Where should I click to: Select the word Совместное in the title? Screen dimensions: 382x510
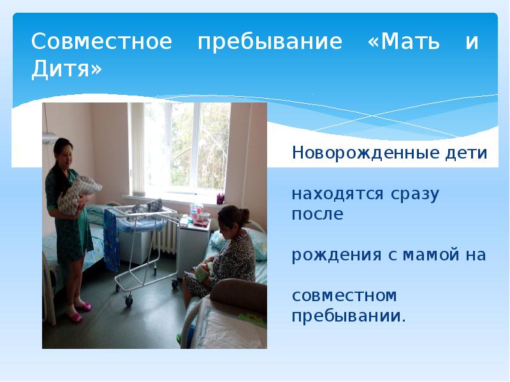102,43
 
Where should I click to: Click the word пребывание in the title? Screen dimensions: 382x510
270,43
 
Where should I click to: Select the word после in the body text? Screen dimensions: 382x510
317,215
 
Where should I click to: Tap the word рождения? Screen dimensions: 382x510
333,255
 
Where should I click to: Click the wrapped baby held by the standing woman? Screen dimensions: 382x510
79,191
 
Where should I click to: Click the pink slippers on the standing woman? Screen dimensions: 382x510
77,314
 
